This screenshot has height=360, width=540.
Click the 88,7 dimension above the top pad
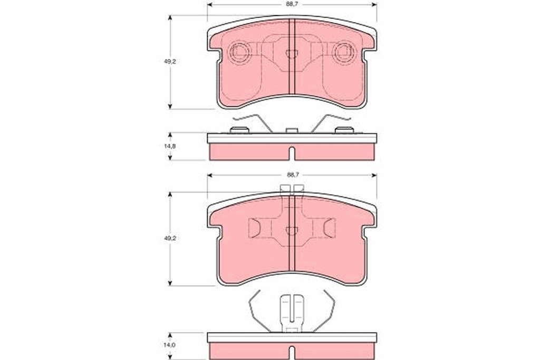[x=292, y=4]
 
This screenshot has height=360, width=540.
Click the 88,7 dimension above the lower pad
[x=292, y=175]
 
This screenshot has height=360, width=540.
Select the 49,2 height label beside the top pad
[x=170, y=62]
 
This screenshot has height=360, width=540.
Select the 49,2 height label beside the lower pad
[x=170, y=238]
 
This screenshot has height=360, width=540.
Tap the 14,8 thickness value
[x=170, y=146]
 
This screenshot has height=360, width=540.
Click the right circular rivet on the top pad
[x=344, y=52]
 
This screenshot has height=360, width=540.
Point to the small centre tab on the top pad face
[x=292, y=54]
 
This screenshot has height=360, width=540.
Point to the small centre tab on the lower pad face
[x=292, y=231]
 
